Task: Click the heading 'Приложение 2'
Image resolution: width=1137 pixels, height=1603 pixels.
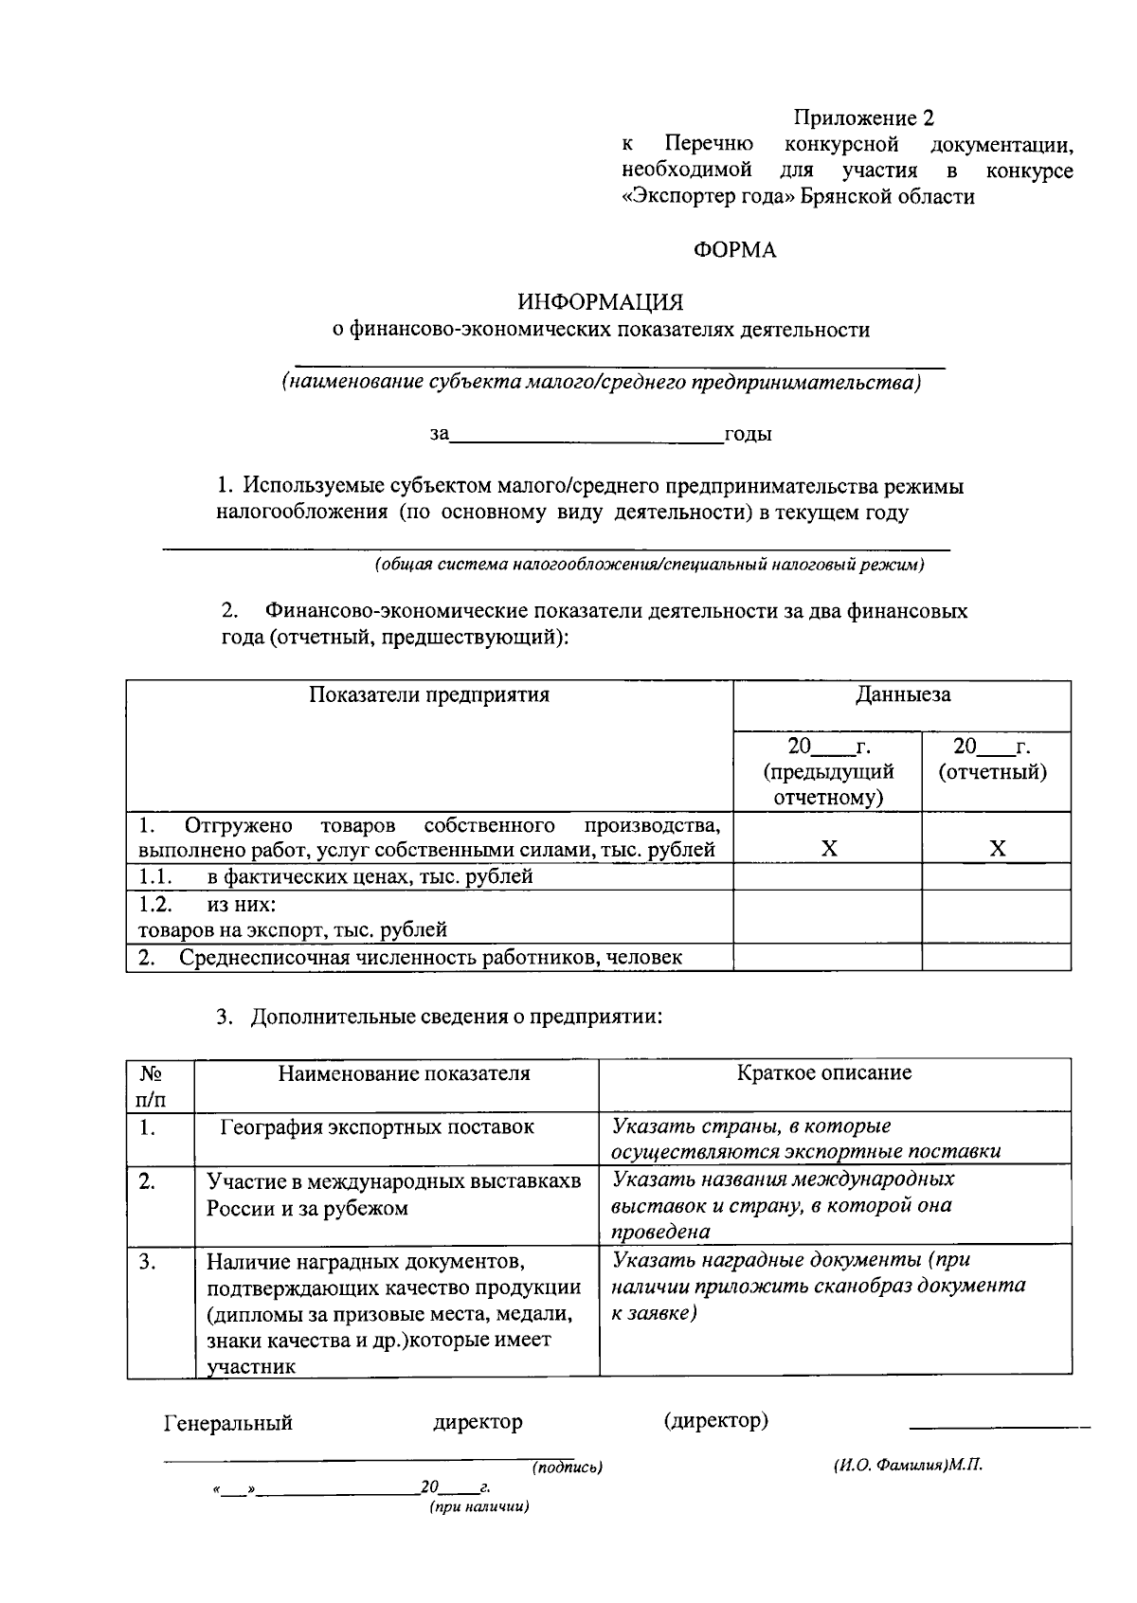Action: [863, 118]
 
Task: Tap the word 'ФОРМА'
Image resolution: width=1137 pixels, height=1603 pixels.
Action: [734, 250]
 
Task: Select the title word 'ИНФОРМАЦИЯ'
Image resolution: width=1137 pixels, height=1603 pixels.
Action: [600, 302]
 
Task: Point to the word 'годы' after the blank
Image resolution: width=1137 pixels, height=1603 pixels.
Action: [748, 435]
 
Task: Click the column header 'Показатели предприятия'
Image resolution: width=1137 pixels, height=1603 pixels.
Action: [429, 694]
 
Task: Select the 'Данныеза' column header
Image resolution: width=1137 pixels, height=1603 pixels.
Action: [902, 694]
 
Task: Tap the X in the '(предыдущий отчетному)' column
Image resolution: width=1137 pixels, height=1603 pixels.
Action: [828, 848]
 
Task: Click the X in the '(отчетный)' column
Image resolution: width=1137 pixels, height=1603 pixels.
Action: [997, 848]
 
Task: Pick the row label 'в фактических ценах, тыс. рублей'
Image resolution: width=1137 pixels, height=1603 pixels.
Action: [370, 876]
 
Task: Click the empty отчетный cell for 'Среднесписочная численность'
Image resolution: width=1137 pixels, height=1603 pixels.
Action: [996, 957]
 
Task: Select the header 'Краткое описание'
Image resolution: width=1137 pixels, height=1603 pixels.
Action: [824, 1072]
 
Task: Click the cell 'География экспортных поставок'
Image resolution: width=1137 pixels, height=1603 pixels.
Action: [377, 1126]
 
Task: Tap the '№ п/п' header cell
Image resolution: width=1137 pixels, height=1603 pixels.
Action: [151, 1086]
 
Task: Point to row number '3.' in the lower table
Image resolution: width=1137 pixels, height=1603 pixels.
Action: [148, 1262]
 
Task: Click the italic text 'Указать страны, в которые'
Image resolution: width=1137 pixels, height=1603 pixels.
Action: [750, 1126]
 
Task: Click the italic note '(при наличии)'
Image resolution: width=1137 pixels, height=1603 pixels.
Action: [479, 1506]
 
